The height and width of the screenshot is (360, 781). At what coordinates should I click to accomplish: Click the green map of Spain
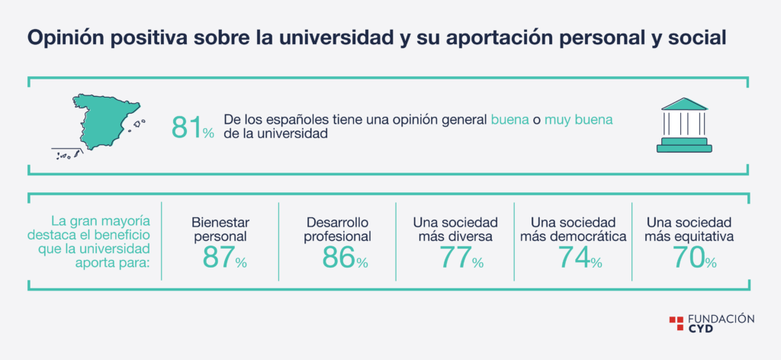104,121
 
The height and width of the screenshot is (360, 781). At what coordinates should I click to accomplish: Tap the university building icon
684,124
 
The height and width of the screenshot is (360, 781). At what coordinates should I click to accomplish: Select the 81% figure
193,128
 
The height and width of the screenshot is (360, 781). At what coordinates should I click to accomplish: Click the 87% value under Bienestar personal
225,257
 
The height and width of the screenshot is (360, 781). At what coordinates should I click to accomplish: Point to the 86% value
345,257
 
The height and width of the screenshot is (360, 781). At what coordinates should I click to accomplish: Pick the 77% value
461,257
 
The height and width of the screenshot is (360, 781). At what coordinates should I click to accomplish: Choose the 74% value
580,257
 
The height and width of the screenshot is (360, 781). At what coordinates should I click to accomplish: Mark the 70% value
695,257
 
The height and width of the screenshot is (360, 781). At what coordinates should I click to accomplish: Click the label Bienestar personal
220,229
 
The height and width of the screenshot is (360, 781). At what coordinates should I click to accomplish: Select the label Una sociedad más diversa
455,229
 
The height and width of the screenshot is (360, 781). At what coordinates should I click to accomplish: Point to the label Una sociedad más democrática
573,229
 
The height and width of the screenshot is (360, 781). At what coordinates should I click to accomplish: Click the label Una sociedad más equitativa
689,229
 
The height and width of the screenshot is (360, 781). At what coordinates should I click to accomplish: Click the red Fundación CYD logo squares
676,323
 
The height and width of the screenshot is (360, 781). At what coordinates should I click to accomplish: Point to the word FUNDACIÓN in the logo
721,319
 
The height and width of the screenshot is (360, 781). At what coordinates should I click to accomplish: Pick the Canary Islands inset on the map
67,154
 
